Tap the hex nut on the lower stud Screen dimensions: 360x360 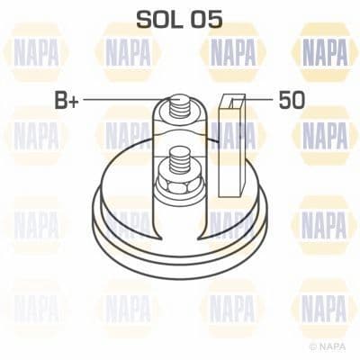(x=173, y=185)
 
